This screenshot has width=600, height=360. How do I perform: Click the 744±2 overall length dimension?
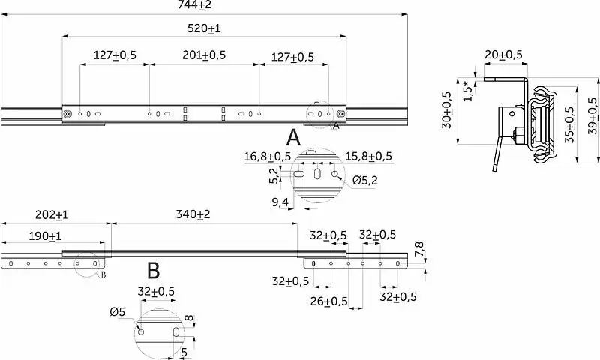coord(194,4)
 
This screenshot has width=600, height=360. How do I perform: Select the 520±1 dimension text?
coord(204,28)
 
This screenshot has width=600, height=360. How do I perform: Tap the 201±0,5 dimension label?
coord(204,55)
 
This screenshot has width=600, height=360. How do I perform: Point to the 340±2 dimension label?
coord(193,214)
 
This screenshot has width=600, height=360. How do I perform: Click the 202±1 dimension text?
coord(52,215)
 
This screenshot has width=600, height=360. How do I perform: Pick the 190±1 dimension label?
coord(45,236)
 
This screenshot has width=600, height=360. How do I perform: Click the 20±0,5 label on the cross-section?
coord(503,55)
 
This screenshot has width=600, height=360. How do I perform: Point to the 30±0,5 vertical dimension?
coord(447,109)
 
